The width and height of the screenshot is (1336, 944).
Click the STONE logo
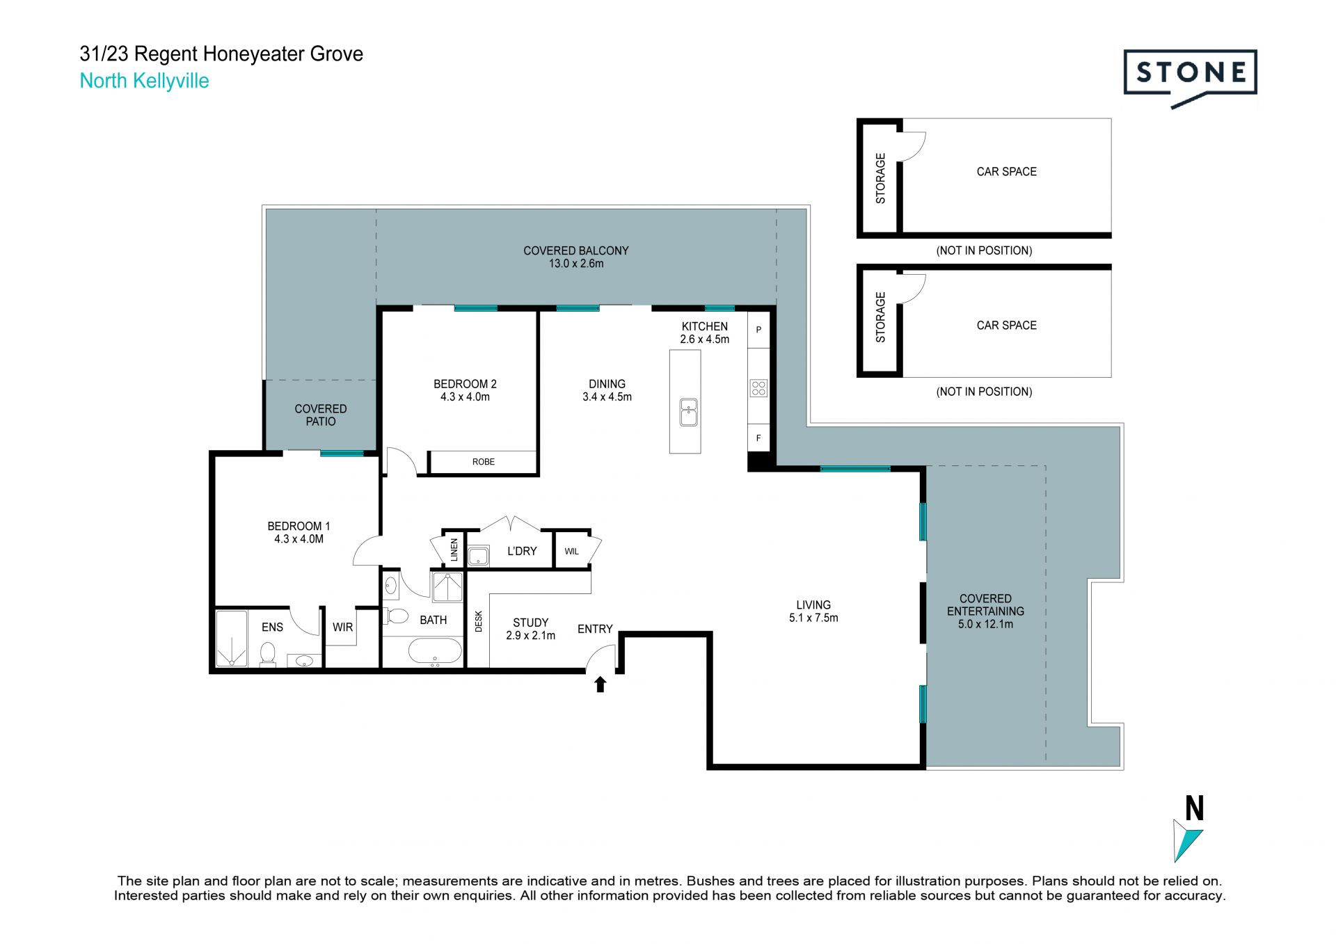(x=1190, y=79)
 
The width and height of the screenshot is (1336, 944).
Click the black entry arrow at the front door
(x=600, y=685)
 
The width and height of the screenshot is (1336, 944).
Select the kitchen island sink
(x=688, y=412)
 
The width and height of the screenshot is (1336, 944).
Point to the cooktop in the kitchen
(x=758, y=387)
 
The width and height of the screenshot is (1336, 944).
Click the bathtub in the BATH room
(x=434, y=653)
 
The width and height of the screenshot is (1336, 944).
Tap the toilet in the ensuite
(x=268, y=654)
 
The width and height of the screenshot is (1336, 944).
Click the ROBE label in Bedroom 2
(x=484, y=462)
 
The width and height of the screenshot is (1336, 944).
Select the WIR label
(x=342, y=627)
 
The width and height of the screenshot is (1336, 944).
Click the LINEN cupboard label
(x=454, y=550)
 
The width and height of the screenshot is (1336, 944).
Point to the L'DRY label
(x=522, y=551)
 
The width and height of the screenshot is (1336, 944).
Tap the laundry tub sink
(x=478, y=556)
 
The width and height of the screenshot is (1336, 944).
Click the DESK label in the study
(x=479, y=621)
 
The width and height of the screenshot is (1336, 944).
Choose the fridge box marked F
(x=758, y=438)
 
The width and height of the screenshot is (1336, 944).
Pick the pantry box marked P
(x=758, y=330)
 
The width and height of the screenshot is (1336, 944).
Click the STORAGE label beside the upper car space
(x=880, y=178)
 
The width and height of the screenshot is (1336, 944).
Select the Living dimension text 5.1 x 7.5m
(x=813, y=618)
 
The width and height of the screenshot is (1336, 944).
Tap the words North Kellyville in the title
(x=144, y=81)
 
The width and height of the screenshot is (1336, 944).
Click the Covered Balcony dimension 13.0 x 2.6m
(x=576, y=264)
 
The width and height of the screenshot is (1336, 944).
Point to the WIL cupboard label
(x=571, y=552)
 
